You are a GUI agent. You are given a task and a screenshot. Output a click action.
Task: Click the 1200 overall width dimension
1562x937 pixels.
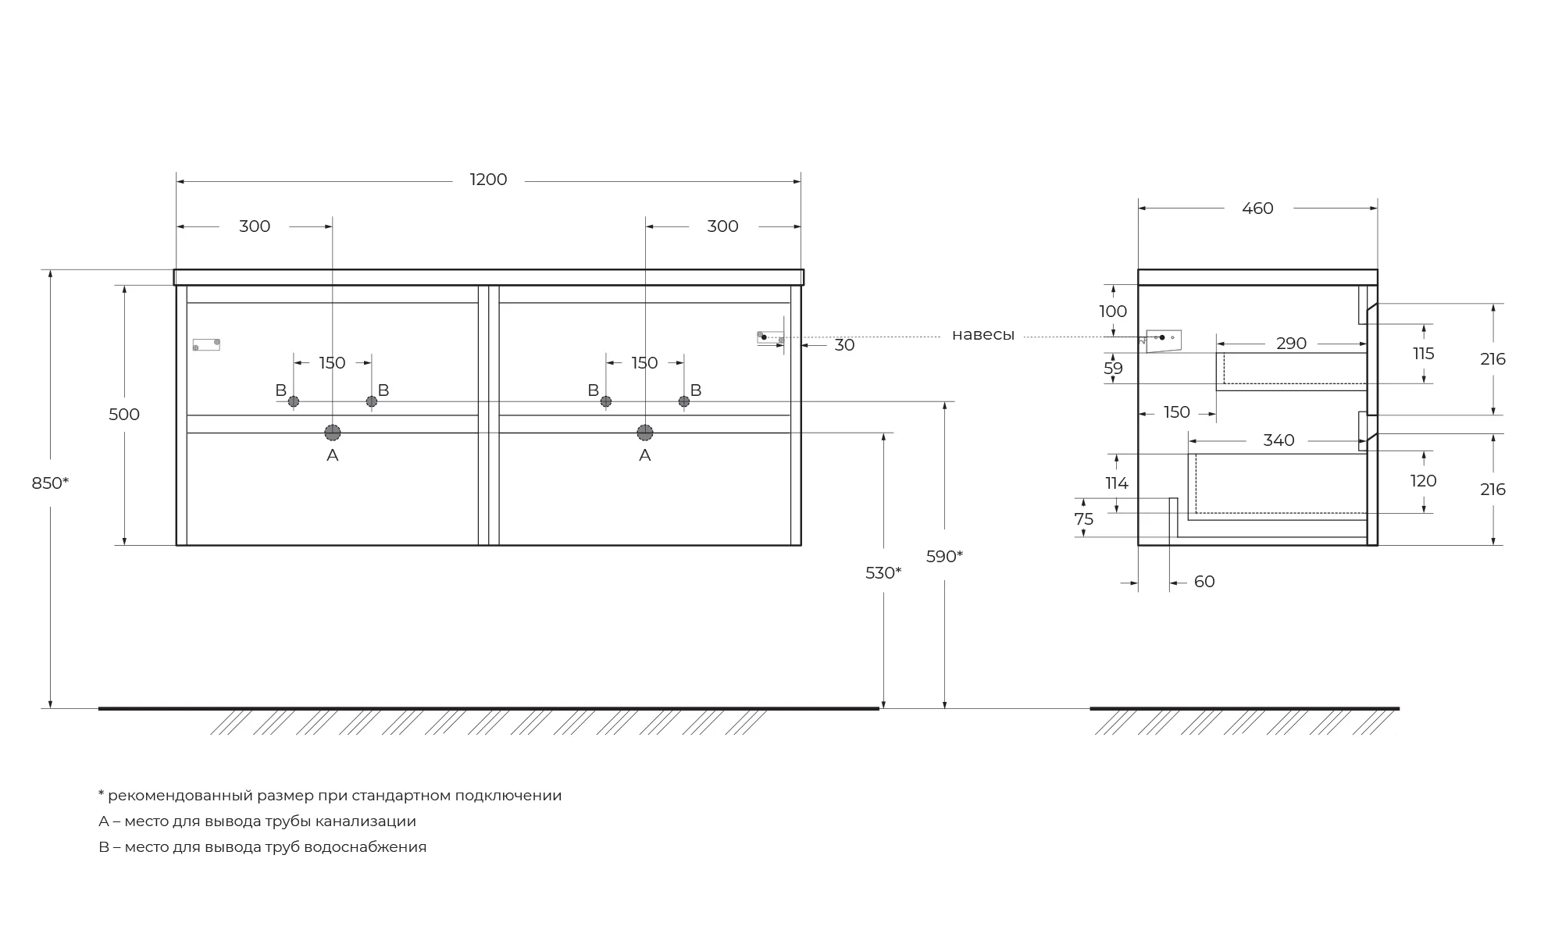[488, 180]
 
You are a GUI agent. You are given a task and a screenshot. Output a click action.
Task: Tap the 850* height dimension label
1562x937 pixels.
[50, 483]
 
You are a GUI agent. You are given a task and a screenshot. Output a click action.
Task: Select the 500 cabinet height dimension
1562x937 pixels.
[124, 415]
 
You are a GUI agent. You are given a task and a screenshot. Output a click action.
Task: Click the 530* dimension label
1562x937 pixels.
[883, 573]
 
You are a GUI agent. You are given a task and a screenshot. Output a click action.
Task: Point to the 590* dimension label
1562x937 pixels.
[944, 557]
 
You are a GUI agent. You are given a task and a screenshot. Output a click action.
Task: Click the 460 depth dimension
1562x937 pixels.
[1257, 208]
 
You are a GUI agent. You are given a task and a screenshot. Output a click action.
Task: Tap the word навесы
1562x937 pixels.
[982, 335]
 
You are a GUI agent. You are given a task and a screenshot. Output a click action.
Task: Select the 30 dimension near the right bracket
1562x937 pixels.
[844, 345]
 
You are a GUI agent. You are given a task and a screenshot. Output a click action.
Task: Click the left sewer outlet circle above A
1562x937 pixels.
[333, 433]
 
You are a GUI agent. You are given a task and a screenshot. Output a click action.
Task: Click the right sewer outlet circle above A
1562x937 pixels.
[645, 433]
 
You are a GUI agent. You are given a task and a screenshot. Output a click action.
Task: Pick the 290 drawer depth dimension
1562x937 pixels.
[1291, 344]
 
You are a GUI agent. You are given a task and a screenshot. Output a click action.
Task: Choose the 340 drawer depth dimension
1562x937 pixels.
[1278, 440]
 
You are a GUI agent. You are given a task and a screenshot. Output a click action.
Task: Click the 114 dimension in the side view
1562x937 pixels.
[1117, 483]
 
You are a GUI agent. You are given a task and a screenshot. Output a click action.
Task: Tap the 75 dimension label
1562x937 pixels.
[1084, 519]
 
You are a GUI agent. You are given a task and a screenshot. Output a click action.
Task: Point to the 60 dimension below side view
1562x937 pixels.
[1204, 582]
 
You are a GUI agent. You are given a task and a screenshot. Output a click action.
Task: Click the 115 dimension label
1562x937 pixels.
[1423, 354]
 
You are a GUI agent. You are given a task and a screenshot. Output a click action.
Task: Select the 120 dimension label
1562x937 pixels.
[1423, 481]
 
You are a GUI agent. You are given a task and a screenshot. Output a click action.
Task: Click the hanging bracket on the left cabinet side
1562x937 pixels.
[206, 344]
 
